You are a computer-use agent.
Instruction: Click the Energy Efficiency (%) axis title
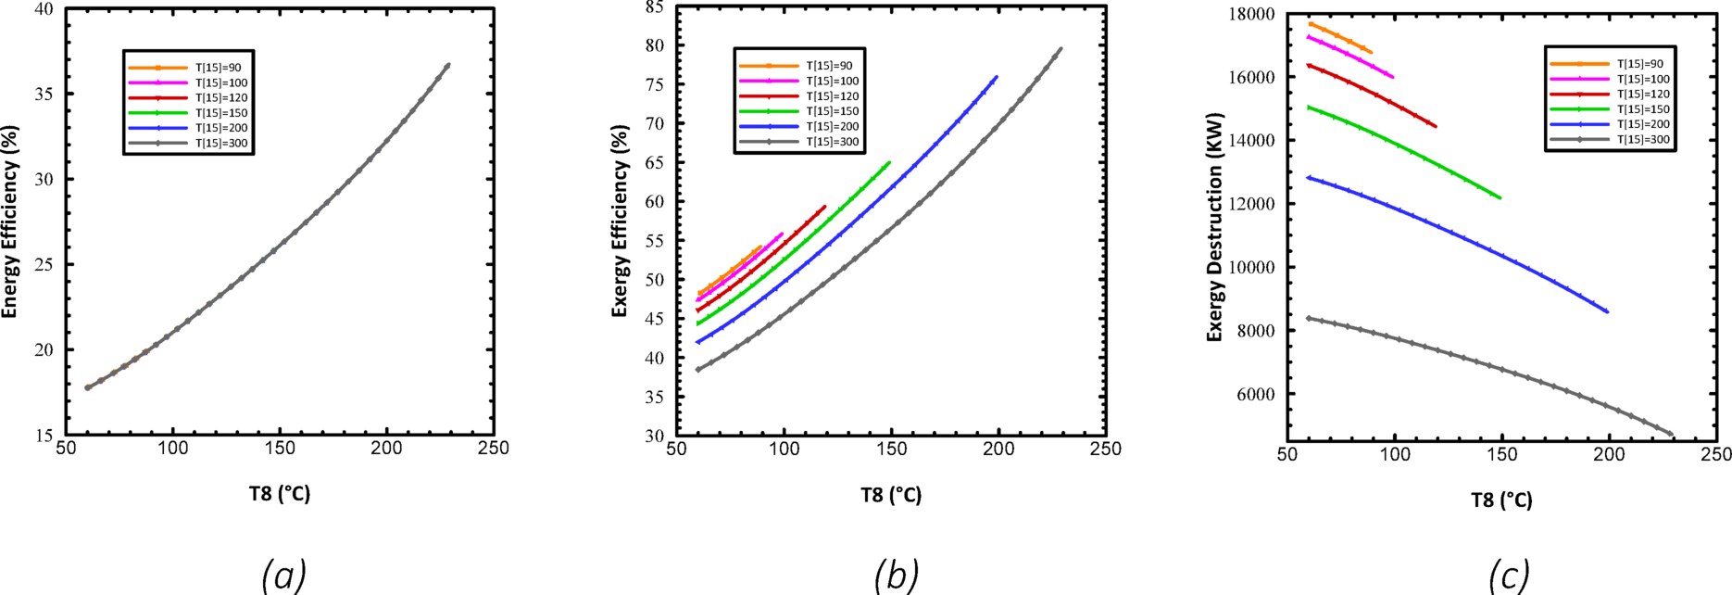10,222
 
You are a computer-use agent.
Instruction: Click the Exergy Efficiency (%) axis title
620,221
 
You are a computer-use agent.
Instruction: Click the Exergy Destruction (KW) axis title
1215,227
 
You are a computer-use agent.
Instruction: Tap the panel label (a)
283,575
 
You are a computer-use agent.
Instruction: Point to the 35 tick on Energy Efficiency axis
44,95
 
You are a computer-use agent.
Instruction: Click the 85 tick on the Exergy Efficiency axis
655,7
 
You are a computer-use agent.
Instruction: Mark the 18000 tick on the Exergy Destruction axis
1251,15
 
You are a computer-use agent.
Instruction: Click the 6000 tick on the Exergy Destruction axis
1255,395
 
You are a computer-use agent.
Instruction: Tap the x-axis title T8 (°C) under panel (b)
891,495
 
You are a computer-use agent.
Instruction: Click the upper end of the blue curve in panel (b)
997,77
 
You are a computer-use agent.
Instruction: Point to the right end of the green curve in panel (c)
1500,197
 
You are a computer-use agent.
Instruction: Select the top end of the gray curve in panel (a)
448,65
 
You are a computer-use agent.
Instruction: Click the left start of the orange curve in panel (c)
1310,23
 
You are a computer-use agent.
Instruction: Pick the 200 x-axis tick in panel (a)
386,449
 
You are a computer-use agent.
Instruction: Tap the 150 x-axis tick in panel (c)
1502,455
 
